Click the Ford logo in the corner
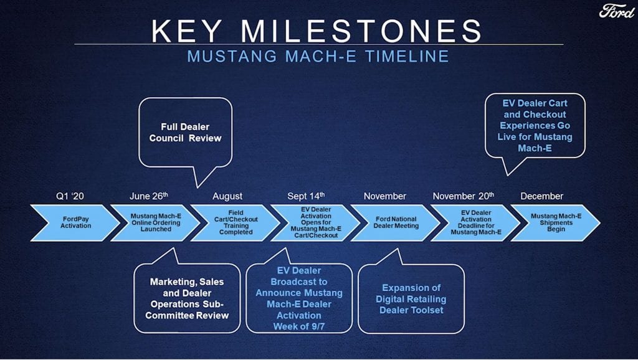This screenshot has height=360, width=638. coord(617,11)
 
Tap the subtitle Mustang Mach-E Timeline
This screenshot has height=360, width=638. coord(318,56)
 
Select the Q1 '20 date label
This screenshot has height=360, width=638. coord(70,196)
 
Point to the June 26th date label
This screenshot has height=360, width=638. coord(148,196)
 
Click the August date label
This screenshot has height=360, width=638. coord(227,196)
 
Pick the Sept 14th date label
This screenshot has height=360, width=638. coord(306,196)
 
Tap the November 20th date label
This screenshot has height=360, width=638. coord(464,196)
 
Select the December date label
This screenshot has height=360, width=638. coord(541,196)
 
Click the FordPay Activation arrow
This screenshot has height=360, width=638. coord(75,222)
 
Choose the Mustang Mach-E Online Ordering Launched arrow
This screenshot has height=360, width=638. coord(156,222)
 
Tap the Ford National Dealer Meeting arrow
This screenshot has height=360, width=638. coord(396,222)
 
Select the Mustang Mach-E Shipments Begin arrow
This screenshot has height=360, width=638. coord(556,222)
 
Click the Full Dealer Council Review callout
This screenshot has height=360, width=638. coord(185,133)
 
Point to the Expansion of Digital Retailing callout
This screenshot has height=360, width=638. coord(411,299)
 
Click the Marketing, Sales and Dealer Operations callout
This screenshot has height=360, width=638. coord(187,298)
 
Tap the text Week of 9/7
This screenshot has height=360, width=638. coord(299,326)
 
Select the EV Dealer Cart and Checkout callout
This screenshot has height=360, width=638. coord(535,126)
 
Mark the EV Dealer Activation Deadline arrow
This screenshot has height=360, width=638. coord(476,222)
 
